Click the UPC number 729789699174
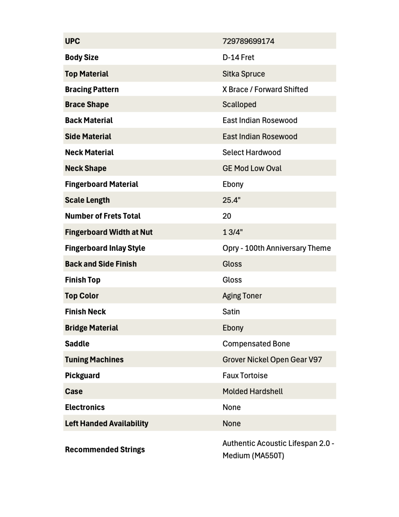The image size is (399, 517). click(248, 41)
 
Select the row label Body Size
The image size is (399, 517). click(82, 57)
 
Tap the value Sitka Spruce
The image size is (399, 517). click(244, 74)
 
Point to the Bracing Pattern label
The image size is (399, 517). click(92, 90)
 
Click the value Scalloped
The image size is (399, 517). click(239, 104)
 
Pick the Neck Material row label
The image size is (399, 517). click(89, 152)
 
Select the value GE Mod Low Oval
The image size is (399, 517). click(252, 168)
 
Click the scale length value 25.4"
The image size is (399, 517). click(231, 200)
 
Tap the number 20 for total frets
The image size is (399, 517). click(227, 216)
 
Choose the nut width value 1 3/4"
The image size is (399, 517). click(232, 232)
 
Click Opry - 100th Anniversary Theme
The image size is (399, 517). click(276, 248)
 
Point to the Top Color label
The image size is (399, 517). click(82, 296)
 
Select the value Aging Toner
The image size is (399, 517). click(242, 296)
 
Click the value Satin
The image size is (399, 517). click(231, 312)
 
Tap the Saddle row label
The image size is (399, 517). click(77, 344)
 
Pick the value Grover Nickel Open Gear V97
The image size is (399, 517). click(272, 359)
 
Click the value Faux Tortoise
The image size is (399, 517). click(245, 376)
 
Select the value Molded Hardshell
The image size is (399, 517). click(252, 391)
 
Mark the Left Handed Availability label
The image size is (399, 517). click(107, 423)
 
